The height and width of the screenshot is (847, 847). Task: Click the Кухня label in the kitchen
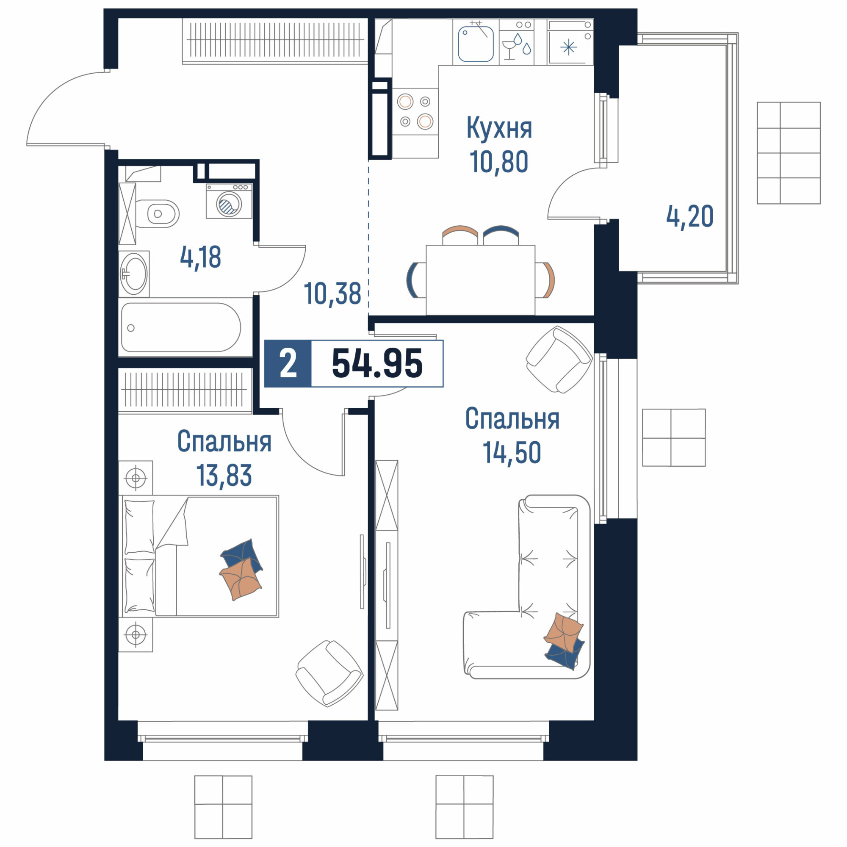[499, 128]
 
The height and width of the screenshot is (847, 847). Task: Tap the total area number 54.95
[377, 363]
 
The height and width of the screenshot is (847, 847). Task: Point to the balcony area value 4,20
[689, 216]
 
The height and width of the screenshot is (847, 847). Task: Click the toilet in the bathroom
[157, 214]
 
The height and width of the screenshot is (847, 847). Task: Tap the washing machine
[229, 201]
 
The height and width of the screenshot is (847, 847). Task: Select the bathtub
[181, 327]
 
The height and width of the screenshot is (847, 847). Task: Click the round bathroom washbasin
[134, 274]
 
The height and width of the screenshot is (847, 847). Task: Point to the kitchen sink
[476, 44]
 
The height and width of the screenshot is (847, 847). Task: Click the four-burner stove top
[415, 111]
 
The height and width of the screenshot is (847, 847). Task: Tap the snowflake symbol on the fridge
[569, 47]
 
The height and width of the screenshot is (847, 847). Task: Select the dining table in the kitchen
[481, 280]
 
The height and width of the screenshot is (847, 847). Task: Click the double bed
[199, 557]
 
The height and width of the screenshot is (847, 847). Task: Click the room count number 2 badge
[288, 364]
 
